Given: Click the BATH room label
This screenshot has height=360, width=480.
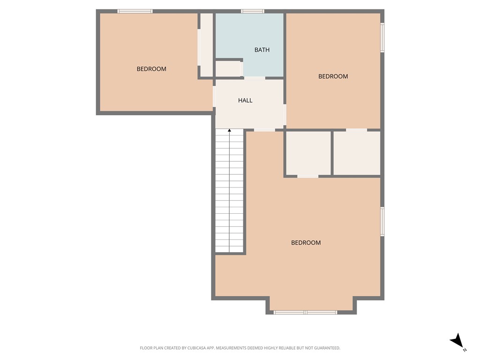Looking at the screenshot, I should (262, 50).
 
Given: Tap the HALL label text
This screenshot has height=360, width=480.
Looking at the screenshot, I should (245, 100).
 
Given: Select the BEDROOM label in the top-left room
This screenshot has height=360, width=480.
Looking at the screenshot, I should (151, 69).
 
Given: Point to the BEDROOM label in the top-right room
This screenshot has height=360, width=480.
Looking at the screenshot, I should (333, 76).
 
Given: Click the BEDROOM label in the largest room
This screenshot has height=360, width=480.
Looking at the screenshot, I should (306, 243).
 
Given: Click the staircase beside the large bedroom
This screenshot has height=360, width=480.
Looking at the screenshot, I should (229, 192).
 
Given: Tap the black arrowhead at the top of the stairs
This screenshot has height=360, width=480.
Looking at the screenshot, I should (229, 130).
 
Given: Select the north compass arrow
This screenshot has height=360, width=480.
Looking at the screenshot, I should (457, 341).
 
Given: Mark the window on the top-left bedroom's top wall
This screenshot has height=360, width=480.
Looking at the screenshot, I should (135, 11).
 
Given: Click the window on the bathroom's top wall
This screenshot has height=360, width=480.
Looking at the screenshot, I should (252, 11).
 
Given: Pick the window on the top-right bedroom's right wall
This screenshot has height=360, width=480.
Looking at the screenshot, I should (382, 37).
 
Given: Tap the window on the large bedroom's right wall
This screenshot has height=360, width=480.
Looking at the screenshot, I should (382, 222).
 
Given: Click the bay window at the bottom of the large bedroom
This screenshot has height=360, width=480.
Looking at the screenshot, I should (305, 312).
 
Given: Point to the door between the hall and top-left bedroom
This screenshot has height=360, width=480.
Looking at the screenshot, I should (214, 96).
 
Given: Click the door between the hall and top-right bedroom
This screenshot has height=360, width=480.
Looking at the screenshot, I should (285, 114).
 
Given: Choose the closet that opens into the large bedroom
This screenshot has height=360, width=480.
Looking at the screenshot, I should (308, 153).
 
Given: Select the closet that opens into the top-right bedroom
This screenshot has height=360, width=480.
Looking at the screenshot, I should (357, 153).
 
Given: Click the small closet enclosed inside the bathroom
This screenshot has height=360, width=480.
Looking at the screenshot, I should (227, 69).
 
